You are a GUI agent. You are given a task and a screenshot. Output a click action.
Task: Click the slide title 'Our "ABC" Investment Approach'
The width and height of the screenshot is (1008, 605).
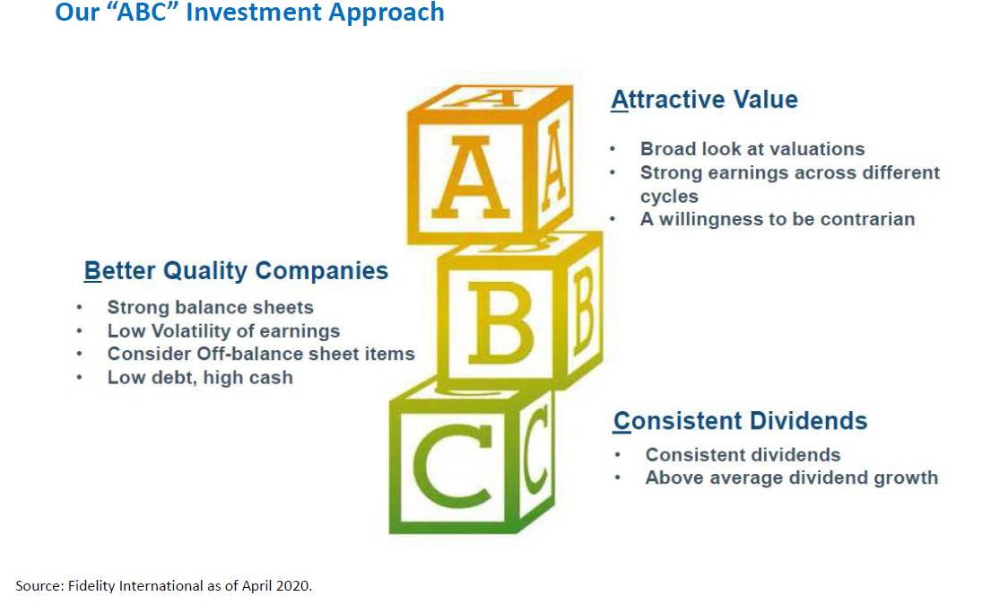coord(249,13)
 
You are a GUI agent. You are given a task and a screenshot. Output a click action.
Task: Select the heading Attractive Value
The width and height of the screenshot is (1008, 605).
coord(705,100)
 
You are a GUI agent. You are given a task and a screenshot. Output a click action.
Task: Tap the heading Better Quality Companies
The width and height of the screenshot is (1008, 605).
coord(236,271)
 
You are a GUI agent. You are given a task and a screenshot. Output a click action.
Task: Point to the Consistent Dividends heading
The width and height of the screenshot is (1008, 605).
coord(740,421)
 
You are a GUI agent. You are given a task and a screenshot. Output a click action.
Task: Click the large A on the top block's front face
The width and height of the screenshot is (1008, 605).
coord(471,178)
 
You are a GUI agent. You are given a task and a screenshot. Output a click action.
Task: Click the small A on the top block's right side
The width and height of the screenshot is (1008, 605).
coord(554,166)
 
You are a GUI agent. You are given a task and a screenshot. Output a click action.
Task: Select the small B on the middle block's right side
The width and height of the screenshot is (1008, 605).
coord(584,311)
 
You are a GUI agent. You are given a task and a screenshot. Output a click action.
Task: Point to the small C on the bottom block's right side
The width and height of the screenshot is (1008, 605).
coord(534,451)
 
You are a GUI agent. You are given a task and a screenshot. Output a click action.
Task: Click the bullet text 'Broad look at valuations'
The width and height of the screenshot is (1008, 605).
coord(752,149)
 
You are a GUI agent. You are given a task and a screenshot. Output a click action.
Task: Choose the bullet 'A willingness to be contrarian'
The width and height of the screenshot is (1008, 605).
coord(778,219)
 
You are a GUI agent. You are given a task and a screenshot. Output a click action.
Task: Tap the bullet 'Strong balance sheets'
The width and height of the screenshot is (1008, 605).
coord(210,308)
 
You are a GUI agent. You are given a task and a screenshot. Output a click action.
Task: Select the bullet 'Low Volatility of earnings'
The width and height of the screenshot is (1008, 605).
coord(223,331)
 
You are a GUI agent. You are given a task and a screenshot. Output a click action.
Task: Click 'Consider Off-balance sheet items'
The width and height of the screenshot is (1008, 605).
coord(261,354)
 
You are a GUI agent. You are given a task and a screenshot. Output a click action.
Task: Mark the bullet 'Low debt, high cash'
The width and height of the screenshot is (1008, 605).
coord(200,377)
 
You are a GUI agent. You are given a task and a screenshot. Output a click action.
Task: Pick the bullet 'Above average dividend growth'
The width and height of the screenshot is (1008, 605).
coord(792,478)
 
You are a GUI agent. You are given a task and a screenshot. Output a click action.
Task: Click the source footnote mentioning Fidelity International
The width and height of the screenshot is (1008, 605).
coord(164,585)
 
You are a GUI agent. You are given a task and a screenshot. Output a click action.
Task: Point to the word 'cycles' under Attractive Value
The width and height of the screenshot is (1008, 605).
coord(669,197)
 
